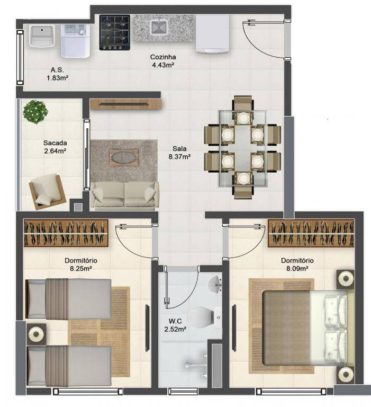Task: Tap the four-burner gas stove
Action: tap(115, 32)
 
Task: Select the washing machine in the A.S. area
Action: tap(75, 41)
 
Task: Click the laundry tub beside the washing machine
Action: tap(42, 36)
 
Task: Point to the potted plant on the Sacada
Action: tap(35, 112)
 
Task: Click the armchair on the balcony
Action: tap(48, 191)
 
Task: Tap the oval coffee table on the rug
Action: tap(124, 157)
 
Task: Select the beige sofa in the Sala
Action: tap(124, 196)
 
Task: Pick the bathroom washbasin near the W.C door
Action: tap(215, 285)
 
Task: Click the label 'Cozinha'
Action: tap(163, 57)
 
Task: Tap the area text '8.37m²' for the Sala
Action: tap(179, 156)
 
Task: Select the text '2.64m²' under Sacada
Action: tap(55, 151)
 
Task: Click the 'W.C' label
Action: tap(175, 321)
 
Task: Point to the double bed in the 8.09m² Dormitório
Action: tap(305, 328)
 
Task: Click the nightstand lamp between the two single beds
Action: tap(36, 334)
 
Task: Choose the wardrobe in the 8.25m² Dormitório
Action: tap(66, 233)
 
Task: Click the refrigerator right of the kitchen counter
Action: tap(213, 34)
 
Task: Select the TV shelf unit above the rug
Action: tap(126, 104)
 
